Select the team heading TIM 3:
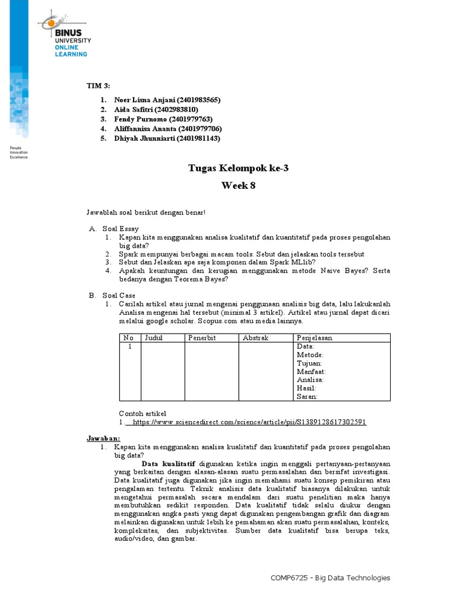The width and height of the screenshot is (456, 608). coord(98,87)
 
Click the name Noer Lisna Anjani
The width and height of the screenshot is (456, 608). coord(140,100)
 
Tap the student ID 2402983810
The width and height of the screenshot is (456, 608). coord(176,110)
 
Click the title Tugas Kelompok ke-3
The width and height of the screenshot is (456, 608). coord(238,169)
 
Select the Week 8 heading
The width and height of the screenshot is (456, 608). coord(238,185)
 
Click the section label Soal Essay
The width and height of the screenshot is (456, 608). coord(121,228)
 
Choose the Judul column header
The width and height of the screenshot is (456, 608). coord(153,338)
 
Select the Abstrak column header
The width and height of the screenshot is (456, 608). coord(256,338)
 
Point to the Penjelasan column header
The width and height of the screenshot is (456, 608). coord(315,338)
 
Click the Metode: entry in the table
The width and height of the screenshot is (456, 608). coord(310,354)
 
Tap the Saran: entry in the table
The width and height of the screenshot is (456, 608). coord(307,397)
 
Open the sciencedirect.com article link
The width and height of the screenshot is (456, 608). coord(249,422)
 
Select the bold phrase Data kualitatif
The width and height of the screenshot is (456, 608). coord(169,464)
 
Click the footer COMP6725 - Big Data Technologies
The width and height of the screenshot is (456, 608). coord(330,578)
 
